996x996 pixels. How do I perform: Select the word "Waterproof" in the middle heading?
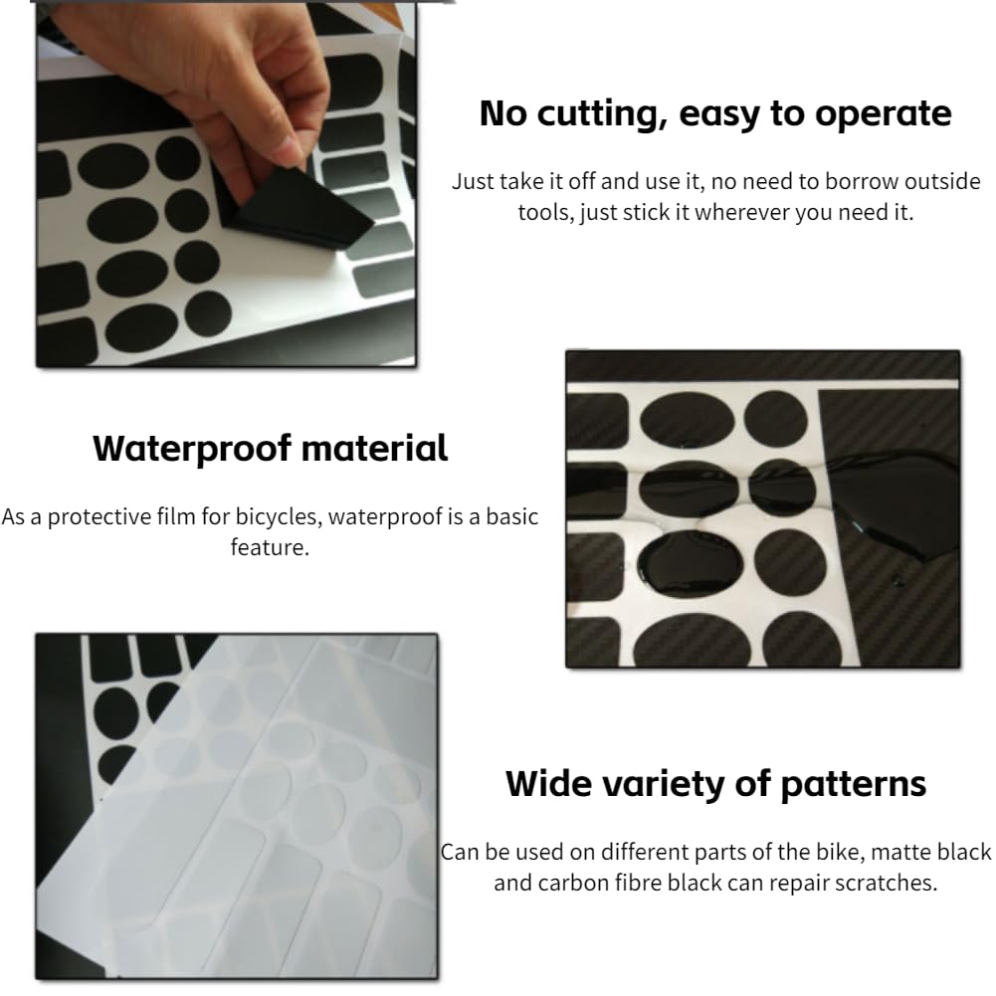[192, 449]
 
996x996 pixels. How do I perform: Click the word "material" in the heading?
[375, 448]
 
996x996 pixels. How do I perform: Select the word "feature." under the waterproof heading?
[270, 547]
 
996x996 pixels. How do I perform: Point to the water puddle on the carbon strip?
[893, 501]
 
